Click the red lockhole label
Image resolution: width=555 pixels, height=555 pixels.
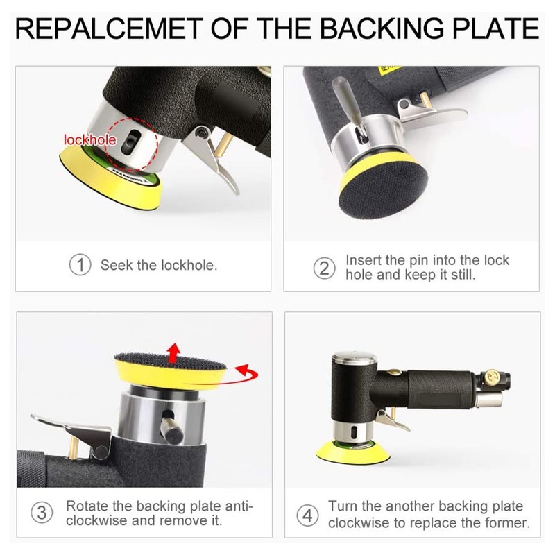[x=89, y=140]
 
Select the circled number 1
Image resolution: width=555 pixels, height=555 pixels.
[x=80, y=265]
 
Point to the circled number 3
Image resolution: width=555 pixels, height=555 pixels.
[x=43, y=513]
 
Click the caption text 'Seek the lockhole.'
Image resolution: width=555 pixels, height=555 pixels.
[x=158, y=265]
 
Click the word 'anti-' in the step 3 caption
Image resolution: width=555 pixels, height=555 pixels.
[x=237, y=506]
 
